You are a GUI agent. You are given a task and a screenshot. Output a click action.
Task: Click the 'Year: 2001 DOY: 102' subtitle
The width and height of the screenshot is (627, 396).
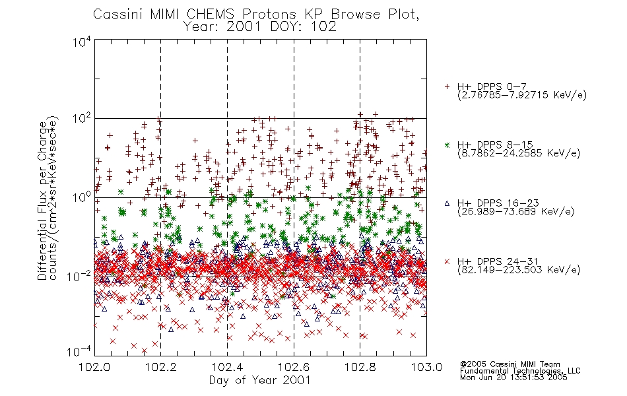(259, 27)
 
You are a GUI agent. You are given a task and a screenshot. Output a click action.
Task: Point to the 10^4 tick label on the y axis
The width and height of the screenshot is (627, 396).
(82, 42)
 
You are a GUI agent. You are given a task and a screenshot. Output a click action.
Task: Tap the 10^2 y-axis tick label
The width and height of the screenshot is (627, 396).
(82, 118)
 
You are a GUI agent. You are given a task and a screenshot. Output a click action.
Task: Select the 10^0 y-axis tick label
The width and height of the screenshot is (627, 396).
(82, 197)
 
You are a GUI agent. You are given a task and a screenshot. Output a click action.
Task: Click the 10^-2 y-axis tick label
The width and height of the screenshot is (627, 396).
(80, 276)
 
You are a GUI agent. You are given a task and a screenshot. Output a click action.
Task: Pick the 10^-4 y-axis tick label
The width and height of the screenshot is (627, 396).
(80, 351)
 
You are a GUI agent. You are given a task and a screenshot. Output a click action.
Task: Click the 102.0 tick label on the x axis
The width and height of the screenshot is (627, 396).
(95, 367)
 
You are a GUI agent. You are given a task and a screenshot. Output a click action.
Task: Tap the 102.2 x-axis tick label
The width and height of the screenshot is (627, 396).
(161, 367)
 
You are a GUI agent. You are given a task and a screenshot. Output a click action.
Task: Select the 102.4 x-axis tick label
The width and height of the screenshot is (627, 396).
(227, 367)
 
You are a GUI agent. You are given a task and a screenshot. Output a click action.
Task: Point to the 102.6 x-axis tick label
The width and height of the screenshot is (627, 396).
(294, 367)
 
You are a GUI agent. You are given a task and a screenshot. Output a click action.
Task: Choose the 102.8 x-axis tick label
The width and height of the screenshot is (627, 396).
(360, 367)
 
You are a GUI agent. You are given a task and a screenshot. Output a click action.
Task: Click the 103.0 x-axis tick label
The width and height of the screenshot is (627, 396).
(426, 367)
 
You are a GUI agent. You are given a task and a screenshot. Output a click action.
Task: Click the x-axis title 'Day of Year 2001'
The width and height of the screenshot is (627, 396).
(259, 380)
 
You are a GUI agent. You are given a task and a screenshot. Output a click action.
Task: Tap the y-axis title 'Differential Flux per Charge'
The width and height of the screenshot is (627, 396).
(43, 201)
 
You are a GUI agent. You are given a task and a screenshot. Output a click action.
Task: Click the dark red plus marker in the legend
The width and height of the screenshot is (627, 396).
(447, 86)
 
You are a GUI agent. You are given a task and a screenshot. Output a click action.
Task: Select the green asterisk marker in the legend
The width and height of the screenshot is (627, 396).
(447, 145)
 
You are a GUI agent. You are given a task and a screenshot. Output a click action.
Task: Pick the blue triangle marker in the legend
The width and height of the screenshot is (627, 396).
(447, 203)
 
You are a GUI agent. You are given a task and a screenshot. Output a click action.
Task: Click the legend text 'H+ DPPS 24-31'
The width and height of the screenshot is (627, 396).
(498, 261)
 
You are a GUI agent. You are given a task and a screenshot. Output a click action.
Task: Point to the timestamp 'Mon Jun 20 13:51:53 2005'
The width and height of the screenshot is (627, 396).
(513, 378)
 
